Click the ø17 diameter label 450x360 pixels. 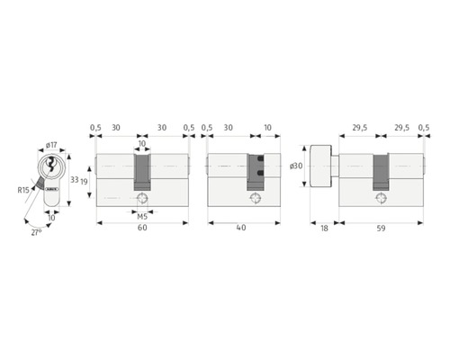tap(51, 145)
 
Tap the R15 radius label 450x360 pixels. tap(23, 190)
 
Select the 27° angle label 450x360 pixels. tap(36, 232)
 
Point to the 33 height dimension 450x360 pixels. tap(74, 180)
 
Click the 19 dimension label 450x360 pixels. tap(84, 182)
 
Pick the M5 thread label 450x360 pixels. tap(142, 217)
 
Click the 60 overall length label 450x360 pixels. tap(142, 228)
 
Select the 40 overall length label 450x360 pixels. tap(241, 228)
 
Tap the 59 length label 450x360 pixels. tap(381, 229)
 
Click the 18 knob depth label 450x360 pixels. tap(324, 229)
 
